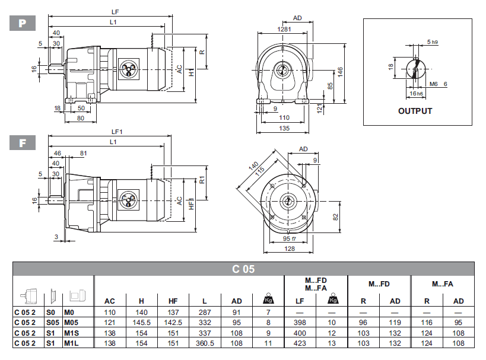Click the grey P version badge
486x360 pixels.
(x=23, y=23)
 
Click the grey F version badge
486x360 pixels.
(x=23, y=143)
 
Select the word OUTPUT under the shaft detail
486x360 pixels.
(x=415, y=111)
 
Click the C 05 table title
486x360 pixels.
(x=243, y=269)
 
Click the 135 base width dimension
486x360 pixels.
(x=284, y=128)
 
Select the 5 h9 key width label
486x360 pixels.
(x=432, y=42)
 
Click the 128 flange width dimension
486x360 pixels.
(x=290, y=249)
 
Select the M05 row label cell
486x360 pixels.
(x=71, y=322)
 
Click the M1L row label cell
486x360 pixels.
(x=71, y=343)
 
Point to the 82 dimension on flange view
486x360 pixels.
(x=335, y=218)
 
